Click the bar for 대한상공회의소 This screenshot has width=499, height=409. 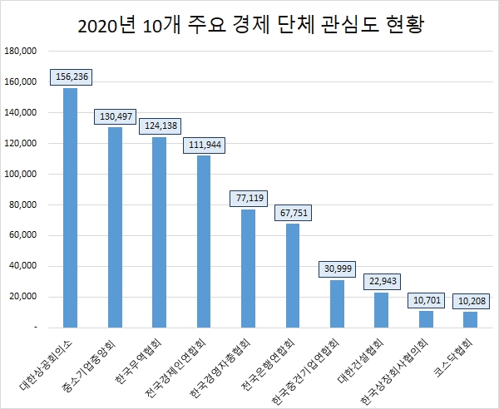click(71, 208)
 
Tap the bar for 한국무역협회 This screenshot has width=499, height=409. click(160, 232)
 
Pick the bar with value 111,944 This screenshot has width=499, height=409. click(204, 241)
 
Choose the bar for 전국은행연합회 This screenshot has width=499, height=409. click(293, 275)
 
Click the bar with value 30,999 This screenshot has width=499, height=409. click(337, 303)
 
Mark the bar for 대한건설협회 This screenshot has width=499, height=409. click(381, 310)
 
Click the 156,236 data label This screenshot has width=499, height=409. click(72, 76)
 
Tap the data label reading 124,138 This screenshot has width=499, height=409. click(160, 126)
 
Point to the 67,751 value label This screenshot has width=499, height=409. click(293, 213)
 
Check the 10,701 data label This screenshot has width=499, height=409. click(426, 300)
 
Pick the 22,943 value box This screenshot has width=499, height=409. click(382, 282)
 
